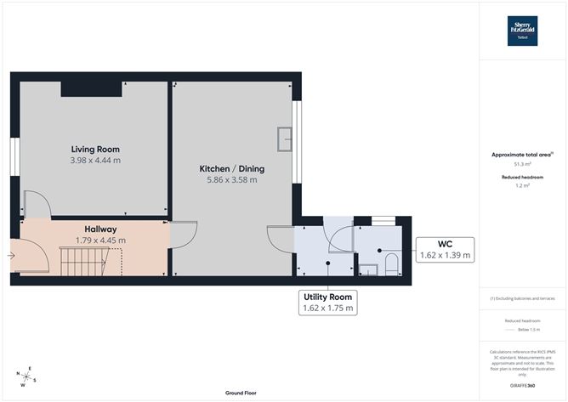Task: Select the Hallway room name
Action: point(100,229)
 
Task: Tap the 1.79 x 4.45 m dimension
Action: point(100,241)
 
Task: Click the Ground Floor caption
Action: point(241,393)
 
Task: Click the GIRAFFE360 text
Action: point(522,386)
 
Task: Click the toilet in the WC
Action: point(392,264)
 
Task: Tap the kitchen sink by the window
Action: point(285,135)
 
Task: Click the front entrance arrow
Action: point(11,253)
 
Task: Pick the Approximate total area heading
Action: point(521,154)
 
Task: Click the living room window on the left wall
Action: point(15,158)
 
